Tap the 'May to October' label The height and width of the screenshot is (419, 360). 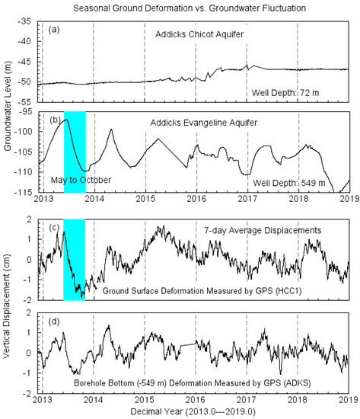[x=80, y=180]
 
